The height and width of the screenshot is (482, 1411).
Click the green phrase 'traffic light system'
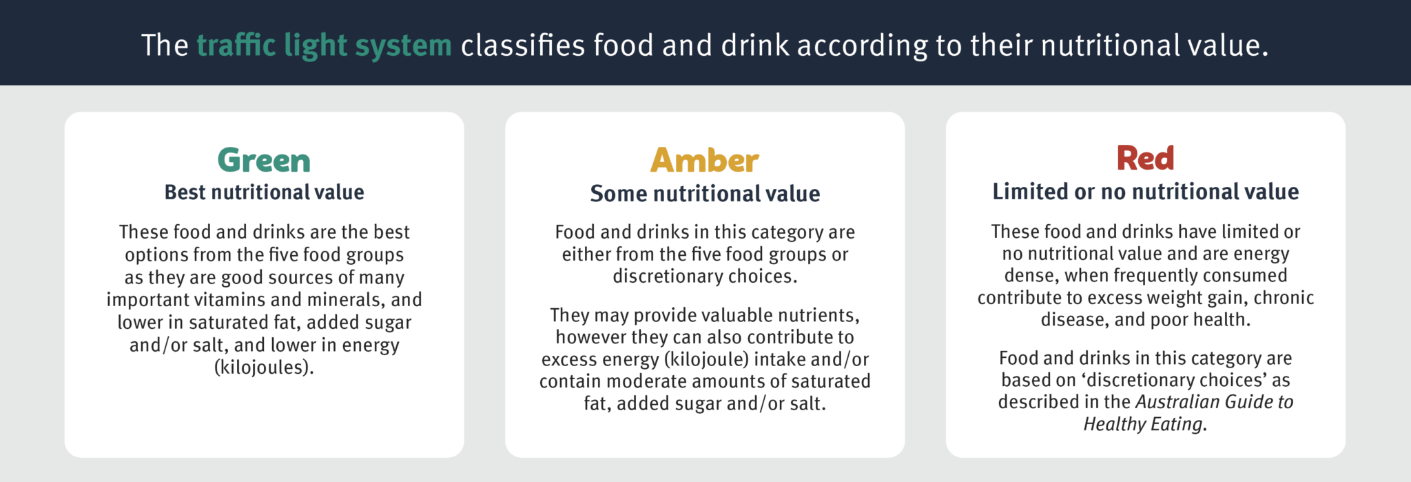[x=324, y=46]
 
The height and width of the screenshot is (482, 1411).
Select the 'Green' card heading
[x=264, y=161]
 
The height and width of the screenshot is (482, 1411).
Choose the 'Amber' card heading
[x=704, y=161]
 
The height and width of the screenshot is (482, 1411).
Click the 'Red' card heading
[x=1145, y=158]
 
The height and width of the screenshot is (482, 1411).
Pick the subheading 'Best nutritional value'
[x=264, y=192]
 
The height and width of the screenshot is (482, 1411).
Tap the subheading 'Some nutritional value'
[x=705, y=194]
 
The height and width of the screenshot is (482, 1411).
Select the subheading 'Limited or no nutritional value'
[x=1145, y=192]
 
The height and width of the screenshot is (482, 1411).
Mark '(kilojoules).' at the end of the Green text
[x=264, y=368]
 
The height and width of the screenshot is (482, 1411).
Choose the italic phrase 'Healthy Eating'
[x=1143, y=424]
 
